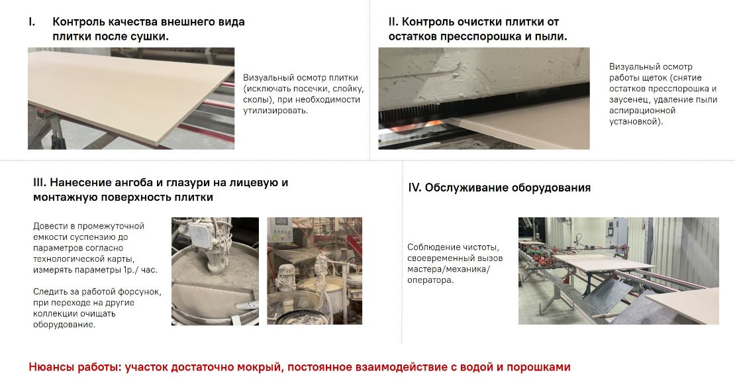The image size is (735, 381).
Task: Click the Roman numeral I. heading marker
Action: tap(32, 22)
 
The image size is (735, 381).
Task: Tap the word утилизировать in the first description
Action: tap(275, 111)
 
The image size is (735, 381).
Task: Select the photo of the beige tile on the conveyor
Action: tap(131, 99)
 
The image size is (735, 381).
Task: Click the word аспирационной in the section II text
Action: tap(642, 111)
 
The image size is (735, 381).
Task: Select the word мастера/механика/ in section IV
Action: tap(448, 269)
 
